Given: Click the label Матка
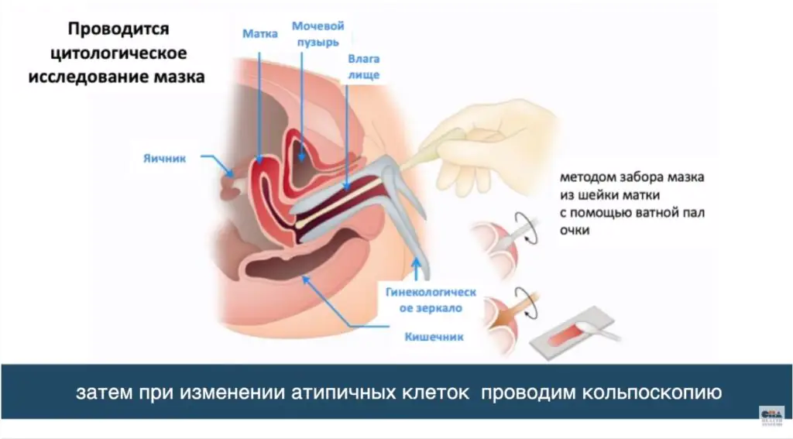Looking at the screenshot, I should (259, 34).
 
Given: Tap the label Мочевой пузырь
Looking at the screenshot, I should (317, 33).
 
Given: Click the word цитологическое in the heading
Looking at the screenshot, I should (118, 54).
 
